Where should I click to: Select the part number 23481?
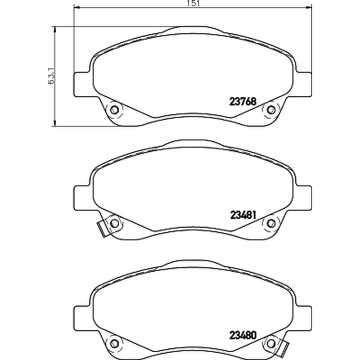tap(243, 215)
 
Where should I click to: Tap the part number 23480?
tap(243, 335)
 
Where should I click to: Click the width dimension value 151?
tap(193, 3)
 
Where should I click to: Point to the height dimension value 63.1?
tap(51, 76)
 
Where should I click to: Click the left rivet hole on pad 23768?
tap(114, 110)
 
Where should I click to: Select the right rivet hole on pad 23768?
tap(271, 110)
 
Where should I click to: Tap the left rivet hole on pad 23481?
tap(114, 223)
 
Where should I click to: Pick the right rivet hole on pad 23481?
tap(271, 223)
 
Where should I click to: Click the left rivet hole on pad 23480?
tap(114, 344)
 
